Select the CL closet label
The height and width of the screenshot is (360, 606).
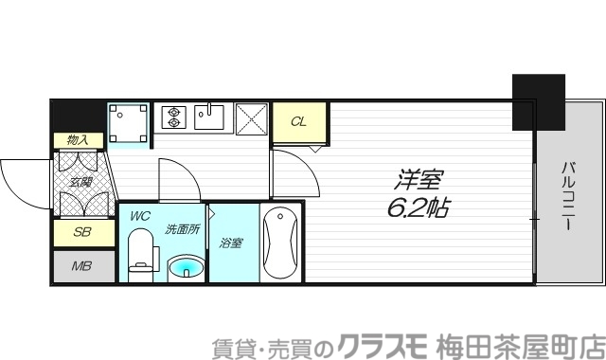point(298,121)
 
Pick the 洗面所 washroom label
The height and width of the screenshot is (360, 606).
point(182,228)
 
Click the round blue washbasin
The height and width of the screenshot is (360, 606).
point(185,268)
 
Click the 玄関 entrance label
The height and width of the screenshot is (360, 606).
point(79,181)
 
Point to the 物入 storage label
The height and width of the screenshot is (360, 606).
point(78,140)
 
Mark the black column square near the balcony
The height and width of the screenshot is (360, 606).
point(538,101)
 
